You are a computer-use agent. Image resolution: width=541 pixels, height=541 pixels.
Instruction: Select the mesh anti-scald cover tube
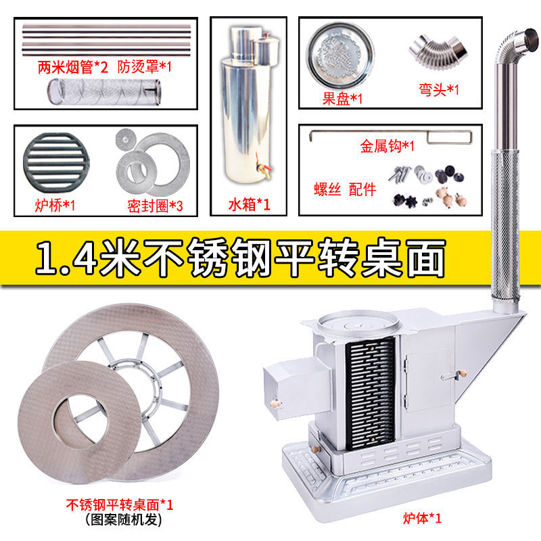tap(105, 90)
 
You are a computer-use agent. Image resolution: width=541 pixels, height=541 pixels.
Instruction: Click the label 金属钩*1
tap(388, 145)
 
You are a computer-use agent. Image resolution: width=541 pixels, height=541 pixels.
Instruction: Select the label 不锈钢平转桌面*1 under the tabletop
tap(120, 504)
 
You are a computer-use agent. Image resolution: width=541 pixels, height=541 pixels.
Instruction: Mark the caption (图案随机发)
tap(120, 519)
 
